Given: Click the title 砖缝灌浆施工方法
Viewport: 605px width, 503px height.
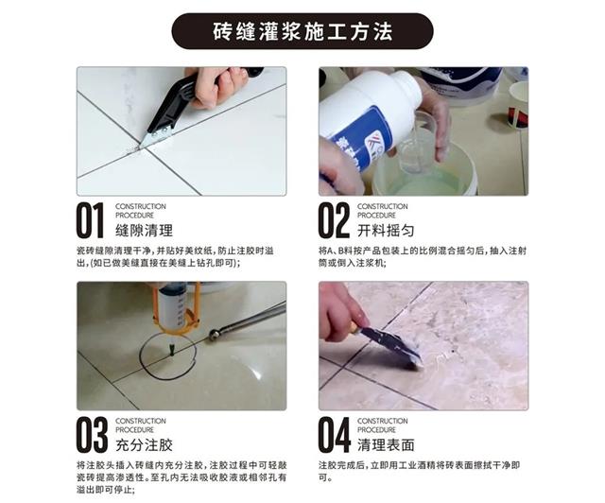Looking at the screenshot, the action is tap(302, 31).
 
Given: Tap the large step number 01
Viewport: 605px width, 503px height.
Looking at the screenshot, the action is tap(91, 220).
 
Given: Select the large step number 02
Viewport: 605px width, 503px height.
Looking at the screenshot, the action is tap(334, 220).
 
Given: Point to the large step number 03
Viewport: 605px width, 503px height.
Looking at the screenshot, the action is tap(92, 435).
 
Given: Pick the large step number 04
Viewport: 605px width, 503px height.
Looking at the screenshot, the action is tap(334, 435).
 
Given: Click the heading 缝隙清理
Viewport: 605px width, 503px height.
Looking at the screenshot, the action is tap(144, 231).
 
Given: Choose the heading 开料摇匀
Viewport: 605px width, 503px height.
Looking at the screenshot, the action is tap(386, 231).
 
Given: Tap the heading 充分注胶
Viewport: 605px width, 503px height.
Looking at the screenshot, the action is tap(144, 445).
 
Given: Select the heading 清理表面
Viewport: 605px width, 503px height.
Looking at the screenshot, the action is tap(386, 445).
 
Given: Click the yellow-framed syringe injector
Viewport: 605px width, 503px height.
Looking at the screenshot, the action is tap(176, 309).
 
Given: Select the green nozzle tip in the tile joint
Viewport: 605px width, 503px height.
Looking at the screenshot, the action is tap(171, 351).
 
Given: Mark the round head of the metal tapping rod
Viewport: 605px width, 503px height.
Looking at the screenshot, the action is tap(214, 335).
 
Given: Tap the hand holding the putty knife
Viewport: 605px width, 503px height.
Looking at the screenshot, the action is tap(341, 313).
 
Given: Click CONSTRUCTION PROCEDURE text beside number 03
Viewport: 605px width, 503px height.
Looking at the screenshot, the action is tap(141, 425).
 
